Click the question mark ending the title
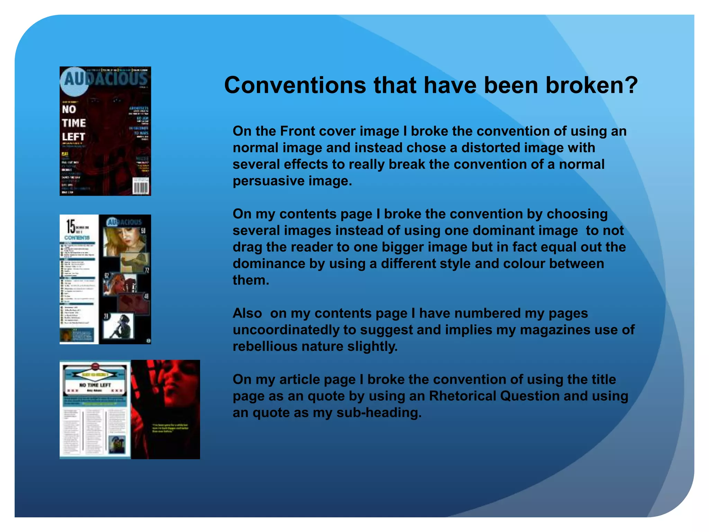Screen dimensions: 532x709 click(x=631, y=85)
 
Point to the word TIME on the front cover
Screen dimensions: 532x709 click(x=74, y=123)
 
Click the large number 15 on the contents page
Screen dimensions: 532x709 click(x=71, y=227)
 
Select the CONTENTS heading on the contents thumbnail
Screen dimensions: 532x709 click(x=77, y=238)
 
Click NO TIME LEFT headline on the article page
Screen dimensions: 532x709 click(x=95, y=385)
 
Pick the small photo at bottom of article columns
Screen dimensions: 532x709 click(x=117, y=444)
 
